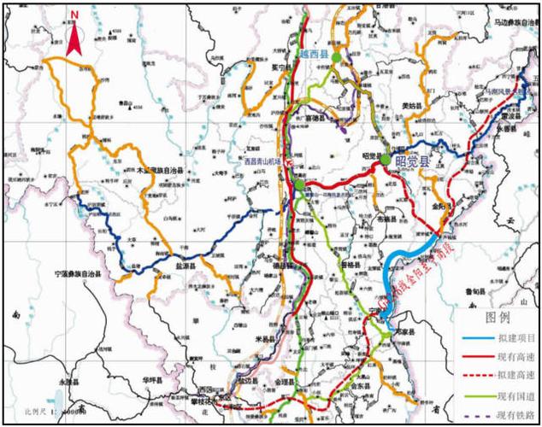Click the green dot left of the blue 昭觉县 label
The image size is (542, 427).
coord(386,159)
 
